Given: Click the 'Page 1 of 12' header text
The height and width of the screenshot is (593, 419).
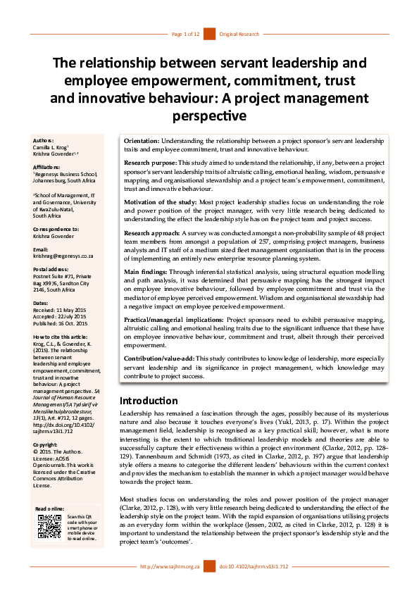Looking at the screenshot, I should click(x=186, y=34).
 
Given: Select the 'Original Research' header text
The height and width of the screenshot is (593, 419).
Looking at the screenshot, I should click(x=239, y=34).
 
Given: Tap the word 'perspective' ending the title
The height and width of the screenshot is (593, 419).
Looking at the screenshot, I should click(x=209, y=116).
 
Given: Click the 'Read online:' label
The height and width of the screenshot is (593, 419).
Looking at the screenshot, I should click(x=50, y=508).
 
